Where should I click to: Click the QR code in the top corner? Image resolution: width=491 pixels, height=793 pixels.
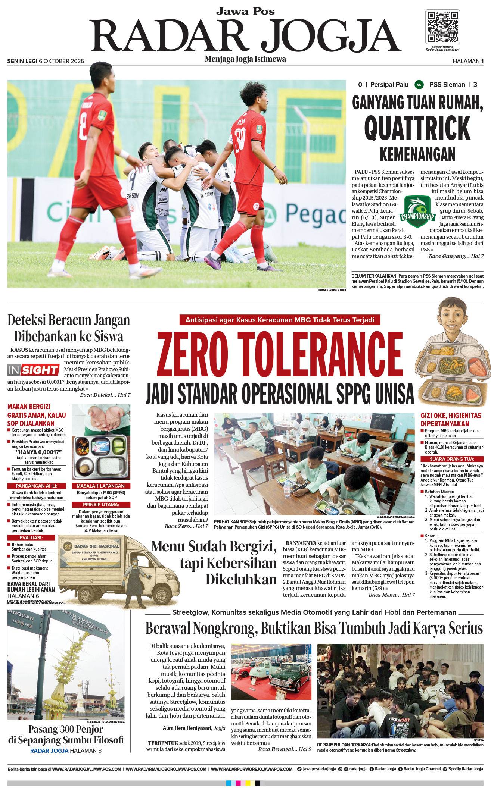442,27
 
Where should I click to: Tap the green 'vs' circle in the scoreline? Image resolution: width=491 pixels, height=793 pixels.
419,85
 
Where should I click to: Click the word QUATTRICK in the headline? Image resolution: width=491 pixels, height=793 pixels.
417,128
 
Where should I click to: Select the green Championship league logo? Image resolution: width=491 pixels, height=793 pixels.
417,211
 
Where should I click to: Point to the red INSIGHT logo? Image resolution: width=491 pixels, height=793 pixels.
33,370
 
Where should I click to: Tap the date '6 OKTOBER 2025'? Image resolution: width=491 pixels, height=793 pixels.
62,61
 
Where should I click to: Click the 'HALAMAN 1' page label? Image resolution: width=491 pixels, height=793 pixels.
468,61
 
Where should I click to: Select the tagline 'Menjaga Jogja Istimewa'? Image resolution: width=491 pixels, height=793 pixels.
245,59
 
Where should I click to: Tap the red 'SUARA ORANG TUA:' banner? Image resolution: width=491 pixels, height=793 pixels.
452,459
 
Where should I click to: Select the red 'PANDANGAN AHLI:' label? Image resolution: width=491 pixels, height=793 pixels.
37,486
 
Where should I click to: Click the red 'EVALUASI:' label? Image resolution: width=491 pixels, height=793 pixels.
31,537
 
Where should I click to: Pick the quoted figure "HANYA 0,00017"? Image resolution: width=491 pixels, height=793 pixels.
39,452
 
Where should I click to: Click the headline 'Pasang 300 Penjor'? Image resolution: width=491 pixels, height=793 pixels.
66,729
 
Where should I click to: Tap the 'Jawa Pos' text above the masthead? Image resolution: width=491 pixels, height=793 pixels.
245,11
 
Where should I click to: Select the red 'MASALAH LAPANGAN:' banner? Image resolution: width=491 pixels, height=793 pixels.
101,486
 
